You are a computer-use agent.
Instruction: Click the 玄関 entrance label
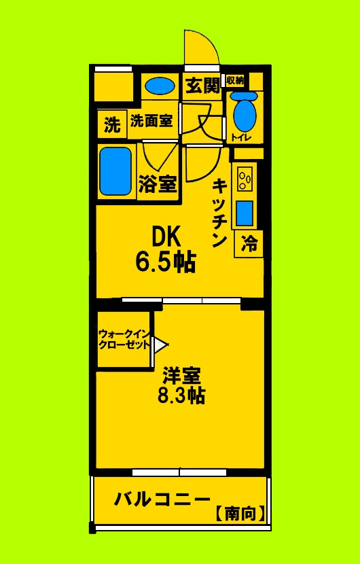tap(203, 86)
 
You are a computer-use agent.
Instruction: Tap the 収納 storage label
tap(235, 80)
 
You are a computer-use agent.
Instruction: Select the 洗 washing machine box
tap(111, 125)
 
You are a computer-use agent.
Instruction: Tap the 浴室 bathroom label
tap(158, 184)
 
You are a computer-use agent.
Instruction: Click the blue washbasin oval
tap(160, 86)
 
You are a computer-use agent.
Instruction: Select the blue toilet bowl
tap(245, 115)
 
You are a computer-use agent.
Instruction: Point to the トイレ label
tap(241, 138)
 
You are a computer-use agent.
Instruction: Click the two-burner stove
tap(245, 179)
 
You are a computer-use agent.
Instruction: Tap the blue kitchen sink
tap(245, 213)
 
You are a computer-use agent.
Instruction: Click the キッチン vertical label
tap(219, 212)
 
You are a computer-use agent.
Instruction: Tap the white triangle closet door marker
tap(159, 345)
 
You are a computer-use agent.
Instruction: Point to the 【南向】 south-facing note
tap(240, 514)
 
